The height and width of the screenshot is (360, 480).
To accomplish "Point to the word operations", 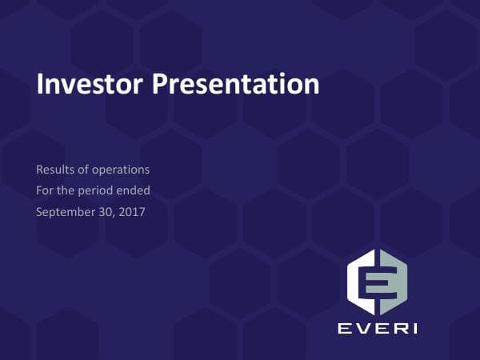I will point(120,170).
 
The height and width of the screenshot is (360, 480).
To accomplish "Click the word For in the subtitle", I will point(45,190).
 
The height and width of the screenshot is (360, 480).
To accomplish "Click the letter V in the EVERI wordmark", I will point(359,328).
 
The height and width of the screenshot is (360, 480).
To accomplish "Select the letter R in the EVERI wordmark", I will point(398,328).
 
